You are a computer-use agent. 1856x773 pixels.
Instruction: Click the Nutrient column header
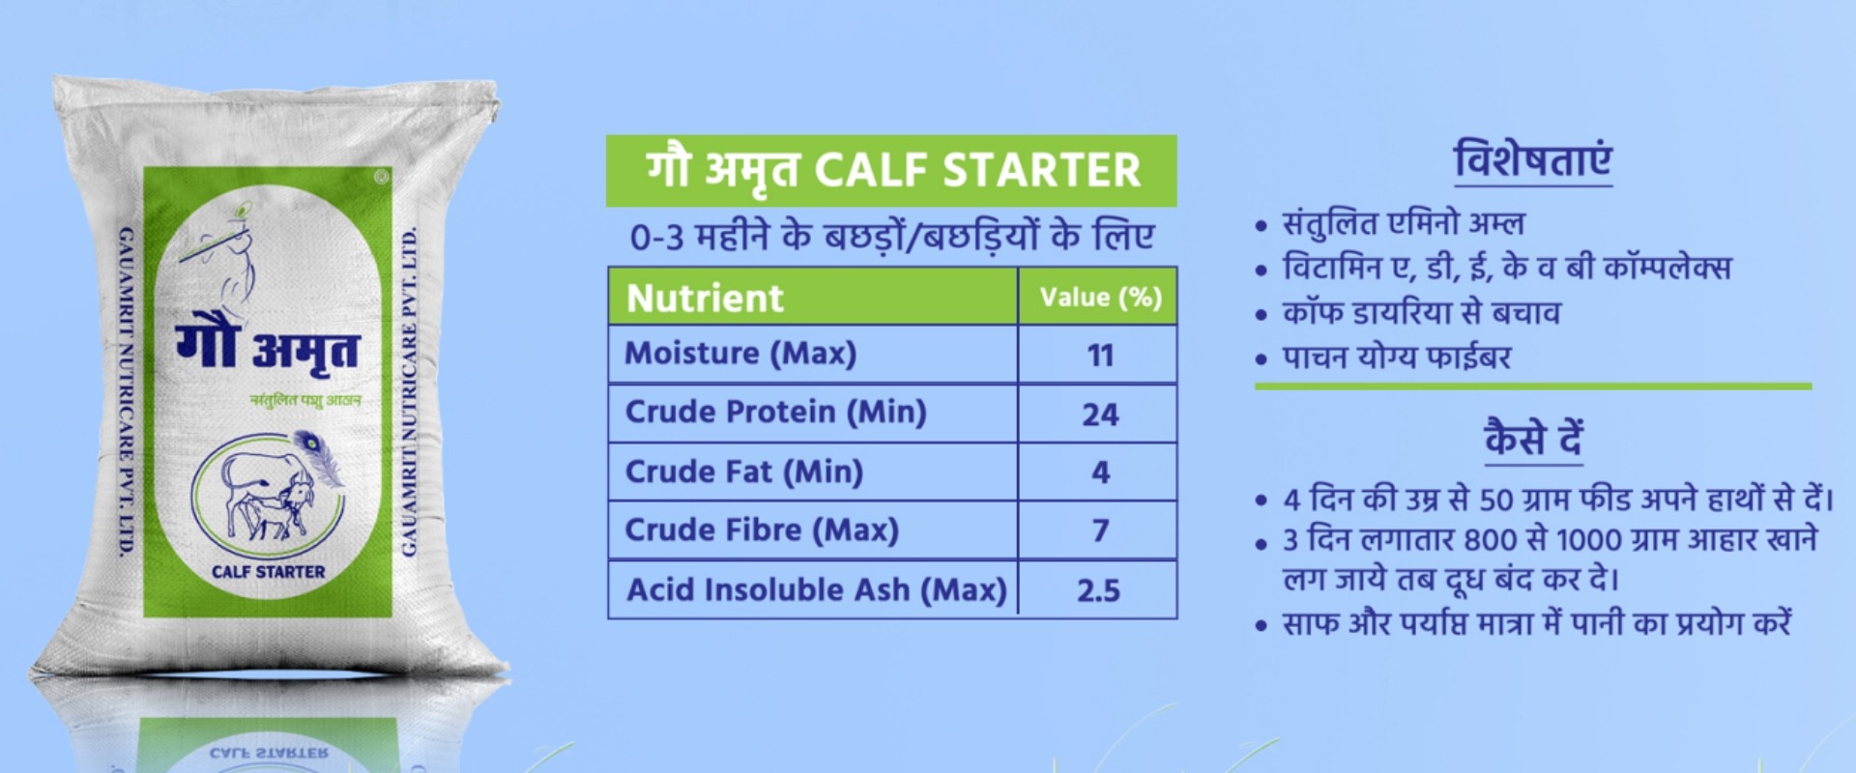tap(705, 298)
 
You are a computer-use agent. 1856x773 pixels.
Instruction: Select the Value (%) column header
tap(1100, 298)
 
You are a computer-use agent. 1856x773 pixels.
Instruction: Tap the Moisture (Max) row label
tap(740, 354)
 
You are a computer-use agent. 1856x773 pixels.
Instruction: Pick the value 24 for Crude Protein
tap(1100, 415)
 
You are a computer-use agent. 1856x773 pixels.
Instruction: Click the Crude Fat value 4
tap(1100, 472)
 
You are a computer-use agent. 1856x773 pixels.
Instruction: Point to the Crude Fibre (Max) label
tap(762, 530)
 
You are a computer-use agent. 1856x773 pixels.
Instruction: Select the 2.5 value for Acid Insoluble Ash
tap(1099, 590)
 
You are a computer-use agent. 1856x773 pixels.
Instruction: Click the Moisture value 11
tap(1100, 356)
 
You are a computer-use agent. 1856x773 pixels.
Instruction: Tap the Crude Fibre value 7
tap(1100, 530)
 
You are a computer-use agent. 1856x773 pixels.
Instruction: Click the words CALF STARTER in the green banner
tap(977, 171)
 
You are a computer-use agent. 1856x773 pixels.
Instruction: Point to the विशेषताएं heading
tap(1533, 159)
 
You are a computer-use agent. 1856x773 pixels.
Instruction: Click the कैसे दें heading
tap(1533, 438)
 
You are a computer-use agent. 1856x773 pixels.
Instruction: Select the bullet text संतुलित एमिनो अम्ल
tap(1403, 224)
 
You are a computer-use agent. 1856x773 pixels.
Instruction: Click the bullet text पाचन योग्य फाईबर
tap(1396, 358)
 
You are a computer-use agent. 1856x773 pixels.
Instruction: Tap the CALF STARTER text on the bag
tap(269, 571)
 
